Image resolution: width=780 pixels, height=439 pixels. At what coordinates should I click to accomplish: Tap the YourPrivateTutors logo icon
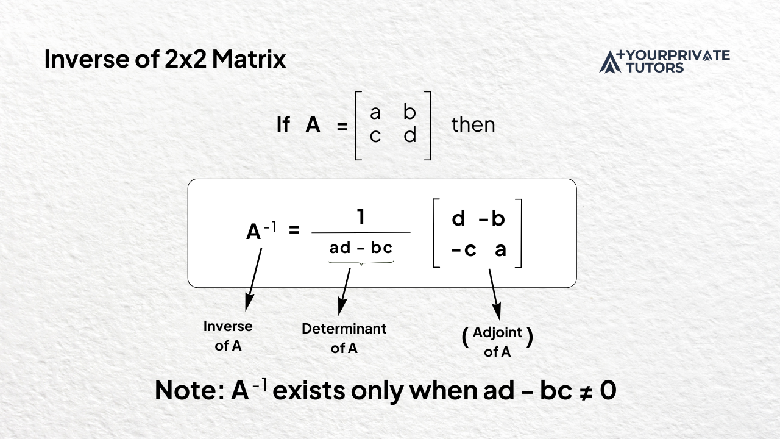(x=611, y=62)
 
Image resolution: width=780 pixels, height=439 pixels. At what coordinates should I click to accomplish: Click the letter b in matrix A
(x=410, y=112)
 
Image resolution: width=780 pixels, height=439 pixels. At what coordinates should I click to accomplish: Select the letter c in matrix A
(x=375, y=135)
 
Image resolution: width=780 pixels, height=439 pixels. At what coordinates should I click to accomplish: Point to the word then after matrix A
(x=473, y=125)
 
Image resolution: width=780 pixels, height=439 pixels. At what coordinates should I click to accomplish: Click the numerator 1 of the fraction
(x=361, y=217)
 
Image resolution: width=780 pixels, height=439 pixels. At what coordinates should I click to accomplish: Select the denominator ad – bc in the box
(x=361, y=248)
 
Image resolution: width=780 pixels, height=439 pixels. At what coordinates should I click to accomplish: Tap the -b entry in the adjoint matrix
(x=492, y=219)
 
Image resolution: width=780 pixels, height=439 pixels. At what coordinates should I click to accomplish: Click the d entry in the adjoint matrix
(x=459, y=219)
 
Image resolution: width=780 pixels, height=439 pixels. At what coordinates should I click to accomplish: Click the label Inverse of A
(x=228, y=336)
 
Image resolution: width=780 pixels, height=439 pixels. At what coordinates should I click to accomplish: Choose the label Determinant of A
(x=344, y=338)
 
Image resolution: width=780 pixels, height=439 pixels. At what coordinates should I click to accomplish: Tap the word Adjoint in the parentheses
(x=497, y=333)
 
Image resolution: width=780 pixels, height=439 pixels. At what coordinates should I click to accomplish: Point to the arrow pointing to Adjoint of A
(x=494, y=294)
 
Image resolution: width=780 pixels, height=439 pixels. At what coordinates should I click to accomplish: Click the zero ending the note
(x=608, y=391)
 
